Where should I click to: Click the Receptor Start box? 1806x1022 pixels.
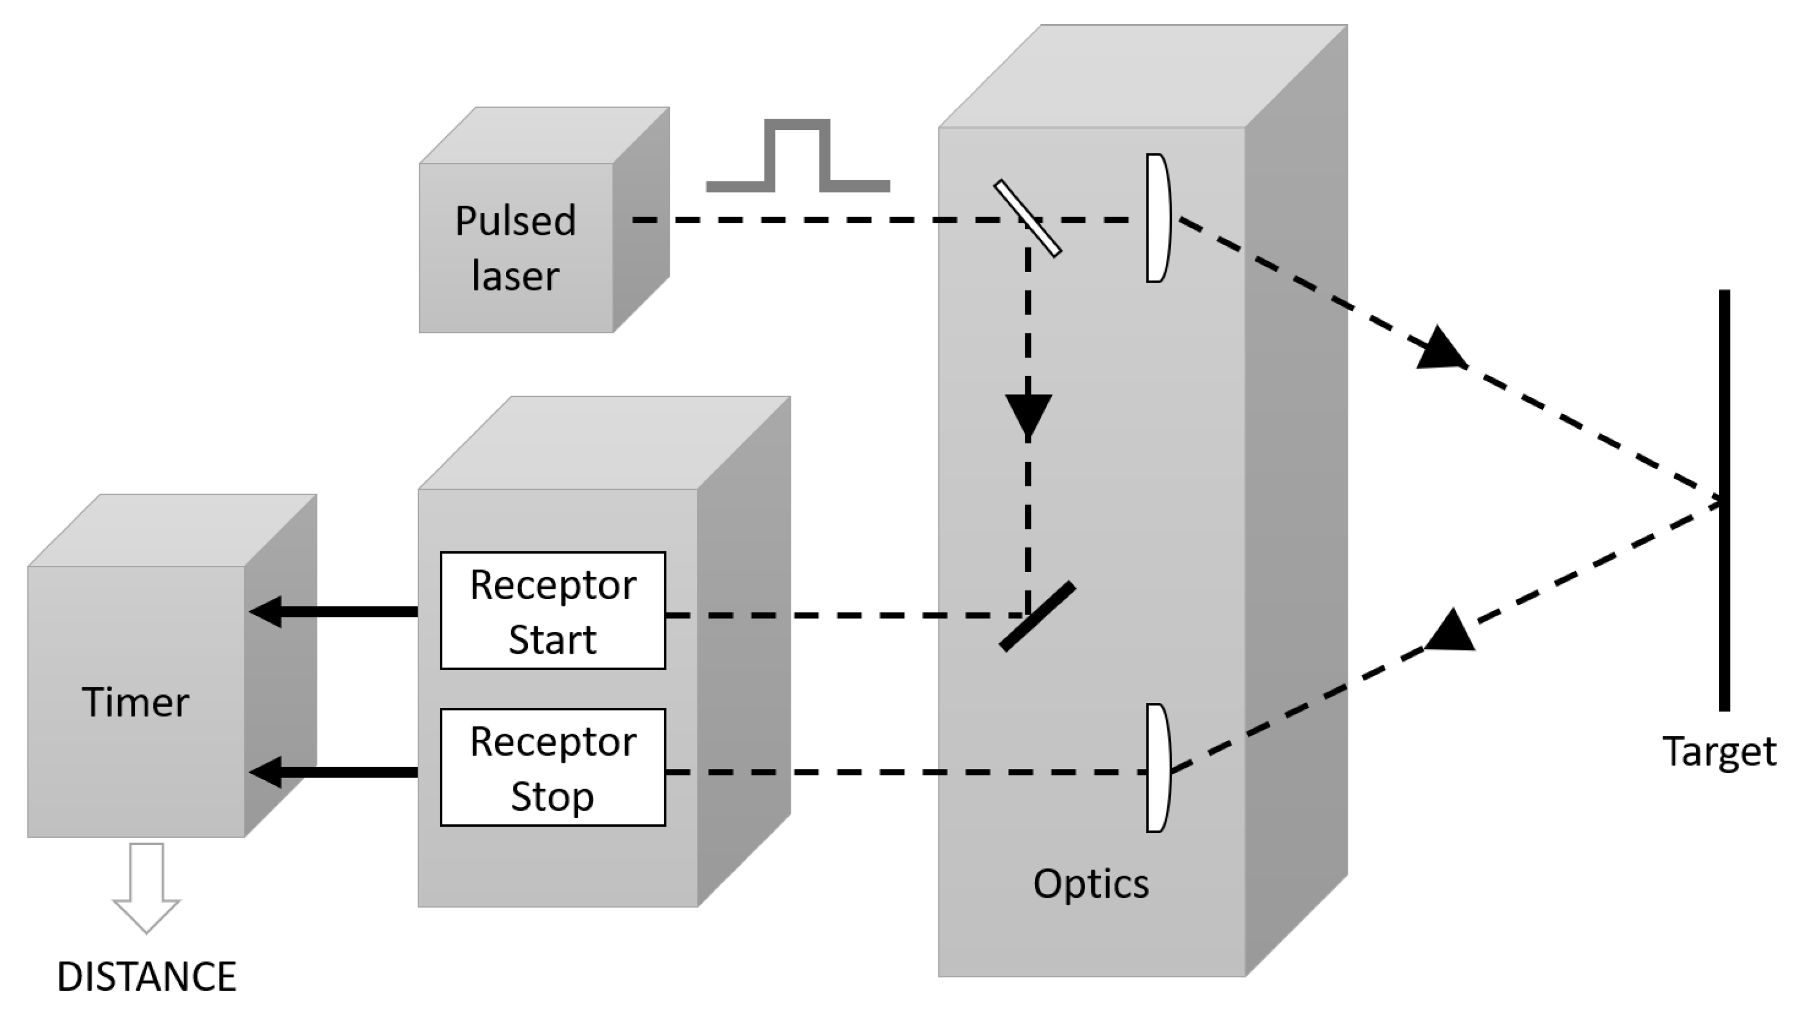point(553,611)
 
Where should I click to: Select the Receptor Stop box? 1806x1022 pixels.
point(553,767)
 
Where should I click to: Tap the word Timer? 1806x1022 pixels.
point(135,702)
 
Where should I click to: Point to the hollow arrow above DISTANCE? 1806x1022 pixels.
point(147,888)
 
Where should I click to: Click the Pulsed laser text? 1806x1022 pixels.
point(515,248)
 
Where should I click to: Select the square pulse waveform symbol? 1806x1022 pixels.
point(798,156)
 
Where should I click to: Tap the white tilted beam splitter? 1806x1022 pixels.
point(1027,218)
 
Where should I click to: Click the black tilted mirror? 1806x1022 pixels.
point(1037,616)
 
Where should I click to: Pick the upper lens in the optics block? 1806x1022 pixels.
point(1158,218)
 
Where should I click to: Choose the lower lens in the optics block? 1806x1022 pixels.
point(1158,768)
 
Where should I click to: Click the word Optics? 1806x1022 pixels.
point(1091,884)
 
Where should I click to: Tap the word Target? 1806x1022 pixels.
point(1719,752)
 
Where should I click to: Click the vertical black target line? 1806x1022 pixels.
point(1725,500)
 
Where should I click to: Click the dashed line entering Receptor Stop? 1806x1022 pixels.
point(906,772)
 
